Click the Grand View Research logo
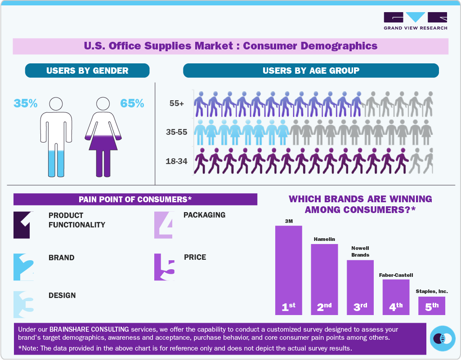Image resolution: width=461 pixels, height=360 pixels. tap(415, 21)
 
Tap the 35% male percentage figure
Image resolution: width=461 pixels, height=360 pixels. tap(26, 103)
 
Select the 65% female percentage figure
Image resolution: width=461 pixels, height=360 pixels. tap(132, 103)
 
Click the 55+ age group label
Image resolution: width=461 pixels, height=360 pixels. tap(177, 103)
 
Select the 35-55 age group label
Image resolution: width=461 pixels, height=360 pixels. tap(177, 132)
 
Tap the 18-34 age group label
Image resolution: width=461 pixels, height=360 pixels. tap(177, 161)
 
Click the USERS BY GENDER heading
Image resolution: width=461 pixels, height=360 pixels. tap(87, 71)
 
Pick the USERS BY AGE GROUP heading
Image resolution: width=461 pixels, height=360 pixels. tap(311, 71)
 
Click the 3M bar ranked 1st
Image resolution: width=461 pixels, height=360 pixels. tap(288, 270)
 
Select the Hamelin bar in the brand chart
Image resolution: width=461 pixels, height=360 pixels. tap(324, 279)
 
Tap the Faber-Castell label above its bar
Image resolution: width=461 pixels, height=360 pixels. tap(396, 275)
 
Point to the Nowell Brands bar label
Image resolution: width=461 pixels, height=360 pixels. tap(360, 251)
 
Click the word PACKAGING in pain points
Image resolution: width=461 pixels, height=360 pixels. tap(204, 215)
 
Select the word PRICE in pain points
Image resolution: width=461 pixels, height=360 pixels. tap(195, 258)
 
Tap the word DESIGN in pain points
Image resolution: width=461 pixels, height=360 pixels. tap(62, 295)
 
